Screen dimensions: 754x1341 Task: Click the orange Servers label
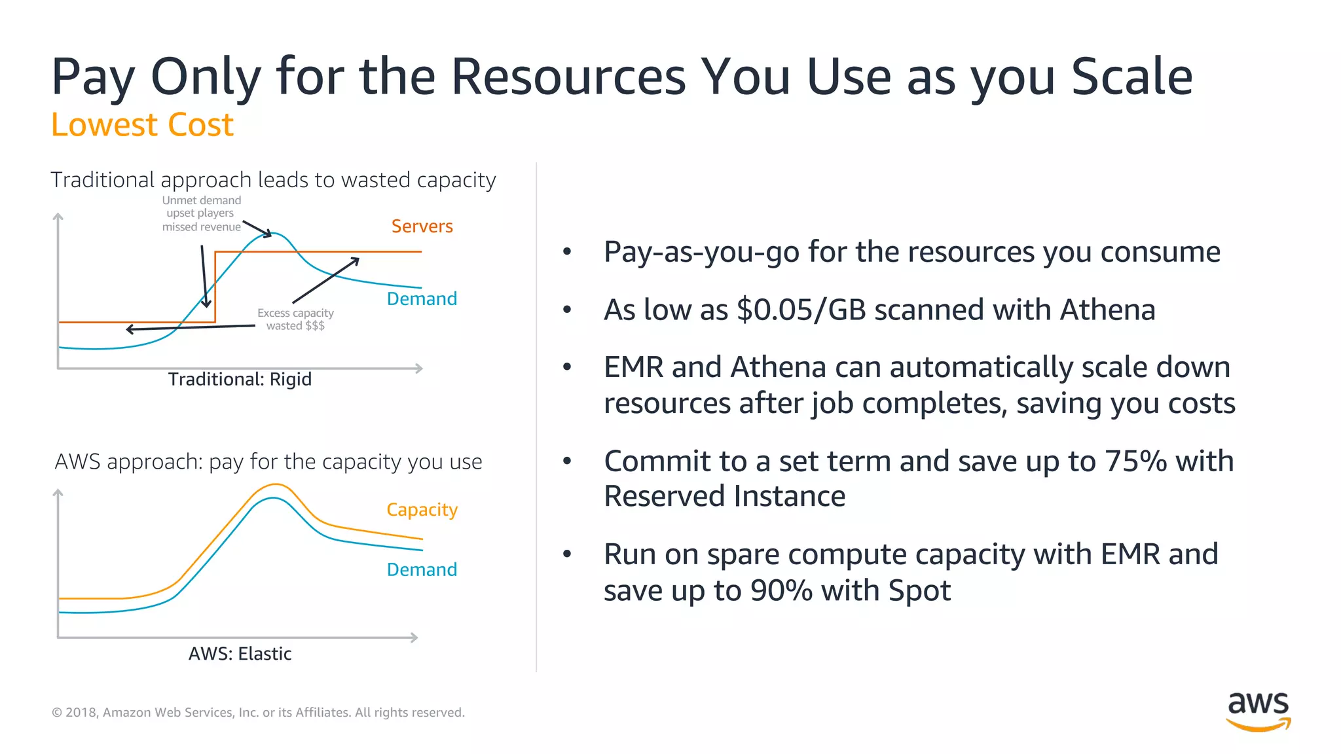point(422,226)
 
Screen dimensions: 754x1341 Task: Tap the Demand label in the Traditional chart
point(422,299)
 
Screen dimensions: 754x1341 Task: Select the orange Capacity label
point(422,510)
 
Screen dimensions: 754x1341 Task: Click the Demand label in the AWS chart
point(422,570)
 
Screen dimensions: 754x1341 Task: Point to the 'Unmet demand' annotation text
point(202,201)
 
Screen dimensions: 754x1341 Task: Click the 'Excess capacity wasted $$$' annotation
point(295,319)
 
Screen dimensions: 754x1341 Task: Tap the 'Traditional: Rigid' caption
point(240,380)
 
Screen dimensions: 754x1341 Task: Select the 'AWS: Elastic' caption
point(240,654)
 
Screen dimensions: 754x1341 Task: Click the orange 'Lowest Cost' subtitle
point(142,125)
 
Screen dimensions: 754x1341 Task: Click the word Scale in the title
point(1131,77)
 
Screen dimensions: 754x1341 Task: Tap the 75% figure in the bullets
point(1135,461)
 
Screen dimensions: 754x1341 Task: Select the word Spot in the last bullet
point(919,591)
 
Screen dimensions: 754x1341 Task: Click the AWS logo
point(1258,711)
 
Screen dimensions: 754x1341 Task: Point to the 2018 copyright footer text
point(258,712)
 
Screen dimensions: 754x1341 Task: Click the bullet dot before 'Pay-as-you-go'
point(567,252)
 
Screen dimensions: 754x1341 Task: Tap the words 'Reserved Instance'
point(724,497)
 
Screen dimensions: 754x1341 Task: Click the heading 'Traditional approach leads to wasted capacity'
point(273,180)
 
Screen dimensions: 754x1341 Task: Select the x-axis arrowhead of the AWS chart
point(414,637)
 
